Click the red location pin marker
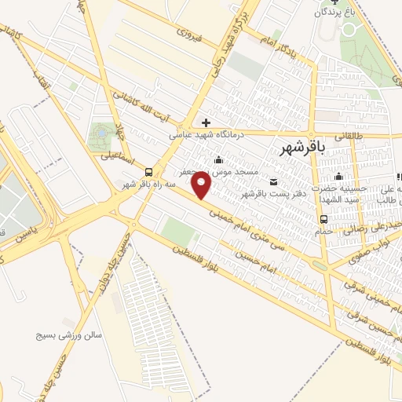[203, 187]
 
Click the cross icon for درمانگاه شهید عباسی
[206, 122]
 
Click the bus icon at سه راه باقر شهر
[148, 172]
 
